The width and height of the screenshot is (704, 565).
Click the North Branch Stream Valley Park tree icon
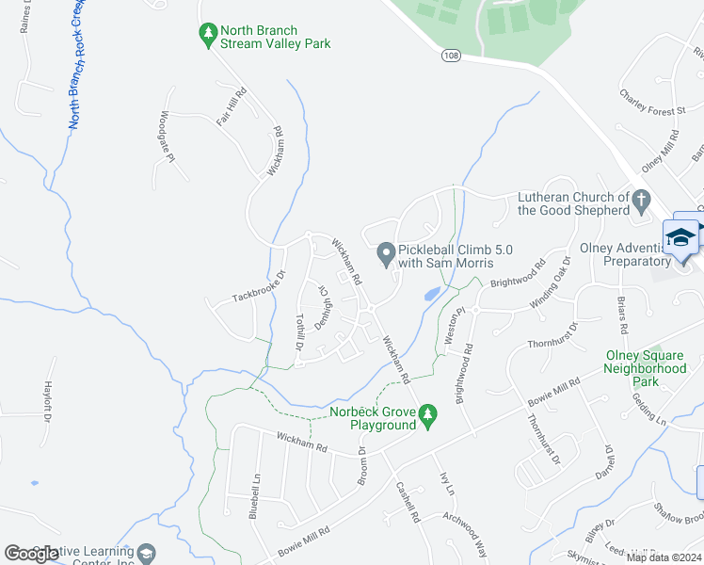(208, 35)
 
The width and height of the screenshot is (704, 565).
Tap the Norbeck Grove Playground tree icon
(428, 414)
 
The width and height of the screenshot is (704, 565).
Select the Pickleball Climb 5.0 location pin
(386, 253)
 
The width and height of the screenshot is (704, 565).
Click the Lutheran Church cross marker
(641, 200)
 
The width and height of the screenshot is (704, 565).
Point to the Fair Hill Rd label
(231, 106)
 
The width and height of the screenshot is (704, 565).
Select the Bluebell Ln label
(254, 495)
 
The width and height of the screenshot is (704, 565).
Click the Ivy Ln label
(447, 484)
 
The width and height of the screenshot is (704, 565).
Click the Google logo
(32, 554)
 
